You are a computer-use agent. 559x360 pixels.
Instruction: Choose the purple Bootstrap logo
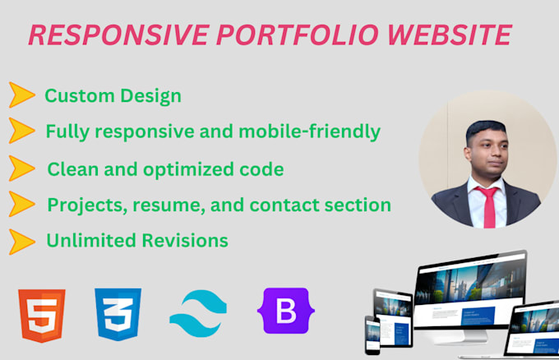[x=284, y=312]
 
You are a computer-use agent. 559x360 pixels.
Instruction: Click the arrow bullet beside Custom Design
[x=21, y=95]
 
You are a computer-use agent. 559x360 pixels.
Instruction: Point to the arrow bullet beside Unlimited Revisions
[x=21, y=241]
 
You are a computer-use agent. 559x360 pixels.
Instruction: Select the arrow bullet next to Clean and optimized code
[x=21, y=168]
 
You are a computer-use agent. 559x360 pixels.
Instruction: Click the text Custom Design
[x=113, y=96]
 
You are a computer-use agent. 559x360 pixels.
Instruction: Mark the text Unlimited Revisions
[x=136, y=241]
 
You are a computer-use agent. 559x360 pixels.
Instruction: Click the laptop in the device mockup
[x=533, y=326]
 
